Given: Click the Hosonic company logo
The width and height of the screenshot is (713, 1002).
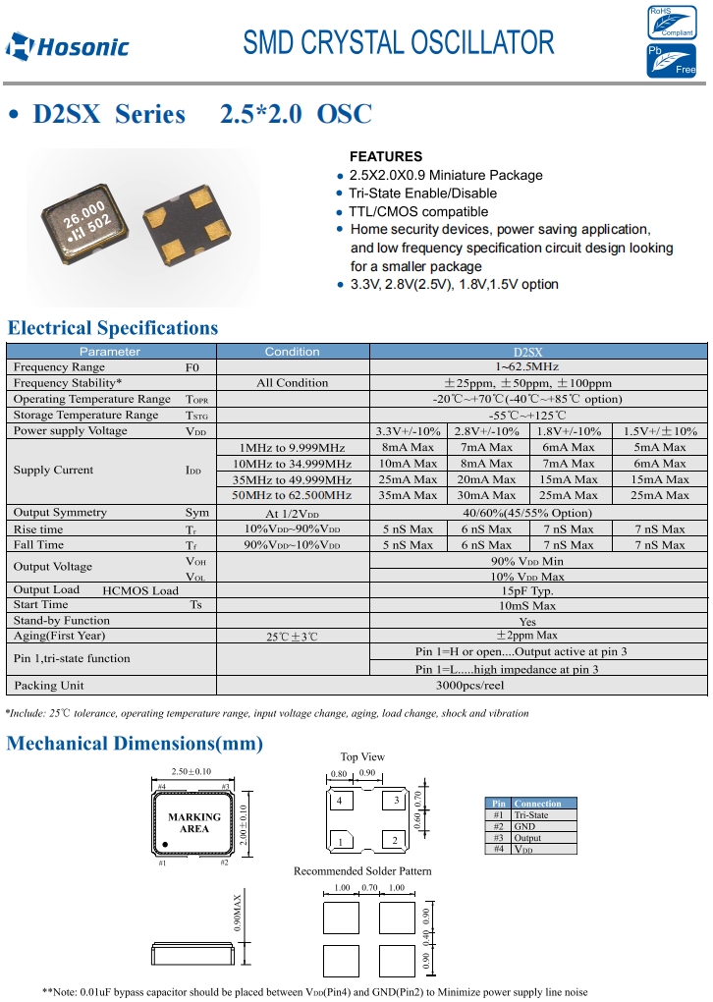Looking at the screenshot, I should (67, 45).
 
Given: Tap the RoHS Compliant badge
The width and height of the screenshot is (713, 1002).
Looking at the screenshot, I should (671, 22).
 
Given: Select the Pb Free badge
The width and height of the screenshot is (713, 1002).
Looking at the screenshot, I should (671, 61).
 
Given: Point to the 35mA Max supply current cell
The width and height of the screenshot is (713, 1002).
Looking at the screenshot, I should (409, 495).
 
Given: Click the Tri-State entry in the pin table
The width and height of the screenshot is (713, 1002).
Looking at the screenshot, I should (531, 815).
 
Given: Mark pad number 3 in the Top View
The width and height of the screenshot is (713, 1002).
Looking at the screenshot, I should (397, 802).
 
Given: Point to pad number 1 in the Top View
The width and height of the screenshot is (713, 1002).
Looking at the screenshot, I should (341, 841).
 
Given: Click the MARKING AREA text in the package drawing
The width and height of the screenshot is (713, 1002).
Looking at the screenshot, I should (193, 823).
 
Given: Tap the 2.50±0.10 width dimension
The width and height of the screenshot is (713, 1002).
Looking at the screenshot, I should (192, 772).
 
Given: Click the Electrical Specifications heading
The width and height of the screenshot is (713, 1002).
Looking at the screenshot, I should (113, 328).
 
